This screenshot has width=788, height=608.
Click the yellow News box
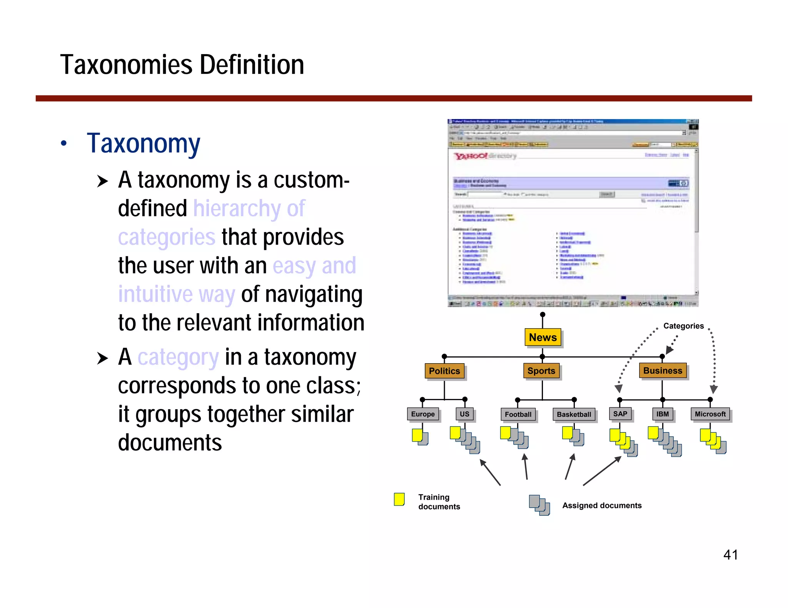(x=543, y=337)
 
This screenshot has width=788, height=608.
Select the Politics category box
(x=444, y=371)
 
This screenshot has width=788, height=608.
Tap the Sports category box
(x=541, y=371)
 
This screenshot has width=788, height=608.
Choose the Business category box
(x=663, y=370)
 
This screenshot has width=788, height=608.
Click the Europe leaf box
(x=422, y=414)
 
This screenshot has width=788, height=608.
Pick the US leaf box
(x=464, y=414)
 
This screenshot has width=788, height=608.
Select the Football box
(x=518, y=414)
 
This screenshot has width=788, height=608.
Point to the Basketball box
(x=574, y=414)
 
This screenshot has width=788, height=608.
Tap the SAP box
(x=620, y=414)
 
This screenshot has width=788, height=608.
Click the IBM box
(x=662, y=414)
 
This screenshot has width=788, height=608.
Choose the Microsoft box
(x=710, y=414)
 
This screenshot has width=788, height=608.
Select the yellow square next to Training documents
(x=399, y=499)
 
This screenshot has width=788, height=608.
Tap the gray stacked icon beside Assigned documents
(x=539, y=505)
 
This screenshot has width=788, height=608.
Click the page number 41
(x=730, y=555)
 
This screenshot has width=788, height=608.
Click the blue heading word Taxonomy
(x=143, y=143)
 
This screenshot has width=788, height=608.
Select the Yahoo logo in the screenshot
(x=470, y=156)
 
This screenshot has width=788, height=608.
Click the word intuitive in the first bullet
(x=155, y=294)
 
